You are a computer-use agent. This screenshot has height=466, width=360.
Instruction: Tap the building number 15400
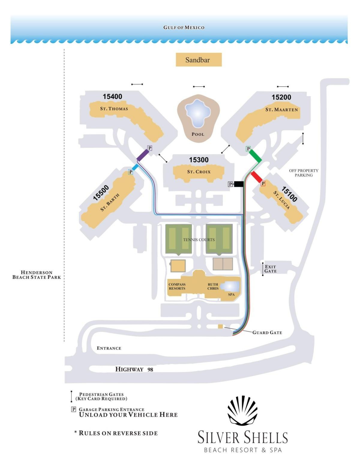click(x=112, y=96)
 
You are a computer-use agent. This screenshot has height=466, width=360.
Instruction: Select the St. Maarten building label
click(x=281, y=110)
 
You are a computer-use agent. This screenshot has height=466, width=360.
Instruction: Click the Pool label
click(x=198, y=134)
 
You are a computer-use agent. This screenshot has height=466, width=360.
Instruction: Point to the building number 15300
click(x=199, y=160)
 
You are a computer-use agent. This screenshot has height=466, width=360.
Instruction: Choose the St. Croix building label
click(x=199, y=172)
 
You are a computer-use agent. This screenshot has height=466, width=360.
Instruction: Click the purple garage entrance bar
click(x=142, y=155)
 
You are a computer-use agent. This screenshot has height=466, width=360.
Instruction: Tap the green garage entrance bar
click(x=255, y=156)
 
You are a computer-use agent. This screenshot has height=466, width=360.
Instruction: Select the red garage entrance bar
click(x=256, y=177)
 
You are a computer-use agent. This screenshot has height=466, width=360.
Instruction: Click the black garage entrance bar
click(x=238, y=184)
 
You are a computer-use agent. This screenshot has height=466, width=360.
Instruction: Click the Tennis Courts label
click(x=199, y=240)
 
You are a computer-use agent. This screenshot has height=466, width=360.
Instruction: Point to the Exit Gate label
click(x=270, y=269)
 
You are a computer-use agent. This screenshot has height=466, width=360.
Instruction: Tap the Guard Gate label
click(x=267, y=332)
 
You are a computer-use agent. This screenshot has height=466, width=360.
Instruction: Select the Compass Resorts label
click(x=177, y=286)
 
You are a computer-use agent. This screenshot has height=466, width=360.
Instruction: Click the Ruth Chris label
click(x=213, y=286)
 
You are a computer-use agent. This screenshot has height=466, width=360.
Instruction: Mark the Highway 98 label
click(x=134, y=369)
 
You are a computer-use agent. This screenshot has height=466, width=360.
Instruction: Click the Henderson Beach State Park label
click(x=36, y=275)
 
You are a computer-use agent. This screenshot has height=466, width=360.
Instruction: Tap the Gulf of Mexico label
click(x=184, y=27)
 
